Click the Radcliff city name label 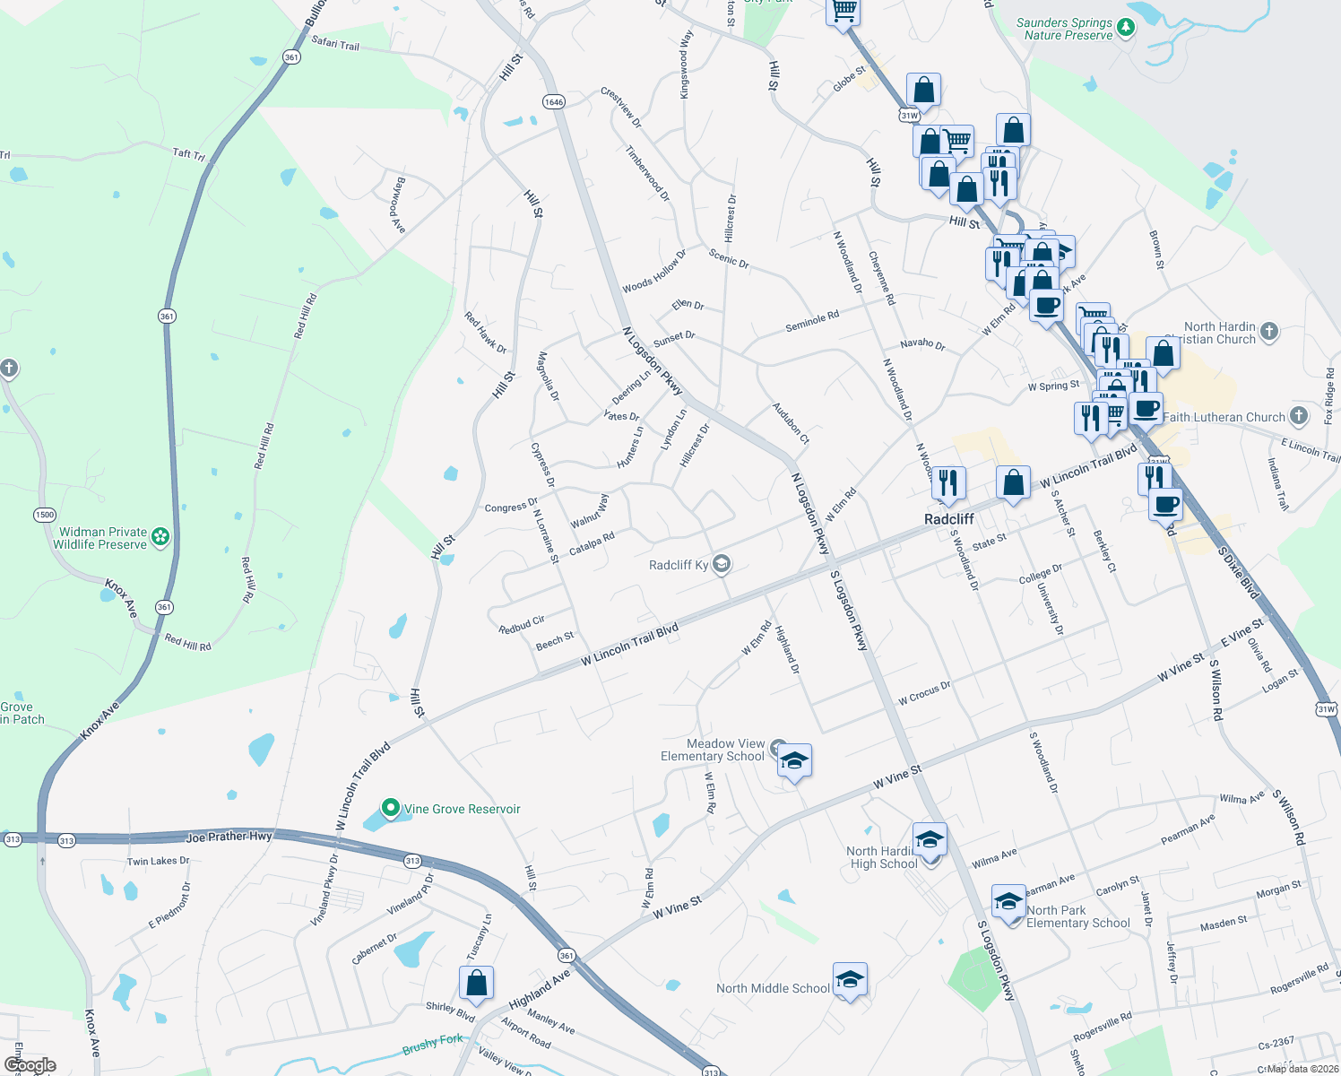[x=948, y=519]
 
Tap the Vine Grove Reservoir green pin [x=390, y=808]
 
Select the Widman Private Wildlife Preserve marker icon [x=160, y=537]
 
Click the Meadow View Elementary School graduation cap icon [x=794, y=761]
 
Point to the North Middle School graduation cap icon [x=850, y=979]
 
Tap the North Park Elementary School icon [x=1008, y=902]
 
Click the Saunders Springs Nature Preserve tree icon [x=1126, y=29]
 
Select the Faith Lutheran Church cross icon [x=1298, y=415]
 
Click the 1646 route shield [x=554, y=101]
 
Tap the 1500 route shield [x=45, y=515]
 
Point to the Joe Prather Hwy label [x=229, y=837]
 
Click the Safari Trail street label [x=335, y=43]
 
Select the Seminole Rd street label [x=812, y=321]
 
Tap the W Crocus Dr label [x=924, y=692]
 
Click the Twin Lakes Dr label [x=158, y=861]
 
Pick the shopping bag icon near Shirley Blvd [x=476, y=982]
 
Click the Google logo [x=30, y=1065]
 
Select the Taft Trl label [x=188, y=153]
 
